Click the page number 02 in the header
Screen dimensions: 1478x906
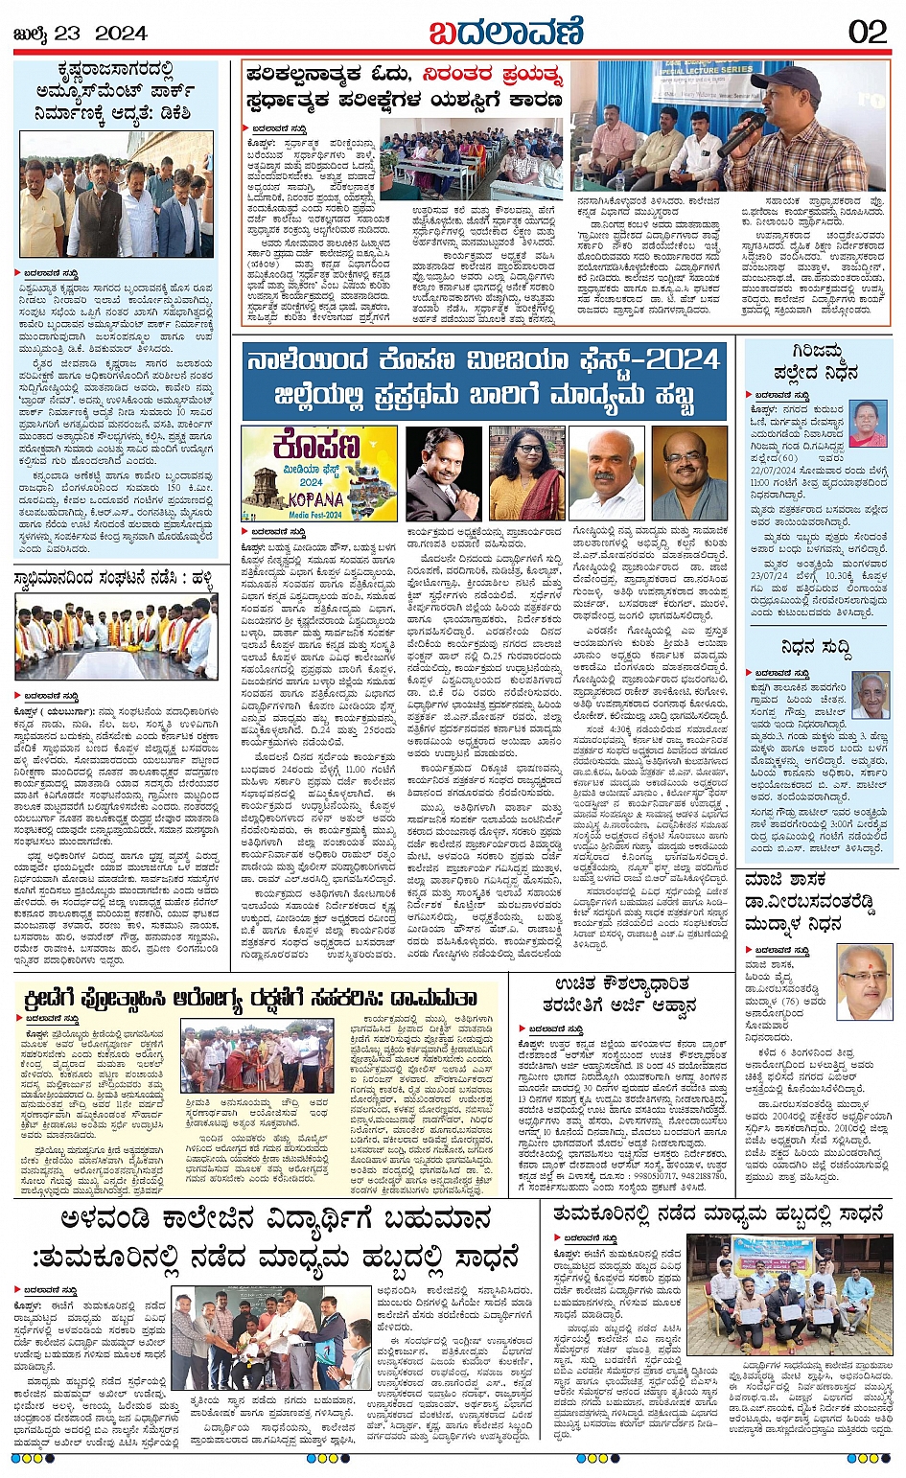(867, 32)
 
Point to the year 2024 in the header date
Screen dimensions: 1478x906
(121, 34)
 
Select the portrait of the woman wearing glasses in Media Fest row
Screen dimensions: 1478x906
(526, 473)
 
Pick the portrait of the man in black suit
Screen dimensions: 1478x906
(442, 473)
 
